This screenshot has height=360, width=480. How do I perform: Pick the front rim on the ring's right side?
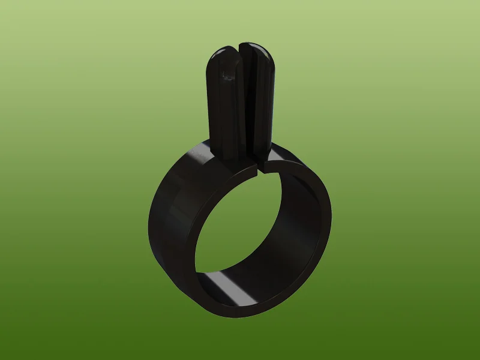(324, 228)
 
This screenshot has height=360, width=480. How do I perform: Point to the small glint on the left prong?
(227, 74)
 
